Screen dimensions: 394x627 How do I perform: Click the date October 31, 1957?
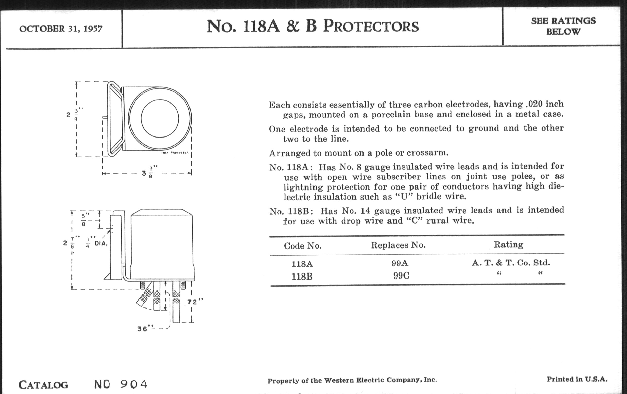tap(61, 29)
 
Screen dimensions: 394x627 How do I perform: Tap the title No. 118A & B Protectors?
tap(312, 27)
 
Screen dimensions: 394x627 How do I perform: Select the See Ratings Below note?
tap(563, 26)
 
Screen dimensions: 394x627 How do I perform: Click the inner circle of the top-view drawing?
tap(160, 118)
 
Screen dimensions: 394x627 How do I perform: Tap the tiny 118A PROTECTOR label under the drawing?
tap(175, 153)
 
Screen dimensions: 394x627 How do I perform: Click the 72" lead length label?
tap(195, 302)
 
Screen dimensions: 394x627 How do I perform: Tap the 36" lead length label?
tap(143, 329)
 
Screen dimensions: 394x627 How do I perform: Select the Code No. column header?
tap(303, 246)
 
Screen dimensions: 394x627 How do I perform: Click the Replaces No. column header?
tap(398, 245)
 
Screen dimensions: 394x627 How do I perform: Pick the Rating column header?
tap(508, 244)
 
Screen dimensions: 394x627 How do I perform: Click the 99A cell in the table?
tap(400, 263)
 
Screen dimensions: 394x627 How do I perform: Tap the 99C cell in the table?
tap(401, 276)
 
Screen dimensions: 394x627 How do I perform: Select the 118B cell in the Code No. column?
tap(302, 277)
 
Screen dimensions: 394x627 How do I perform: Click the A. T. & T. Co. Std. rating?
tap(511, 263)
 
